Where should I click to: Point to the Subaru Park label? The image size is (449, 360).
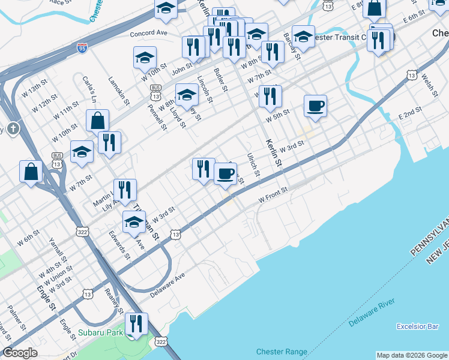pyautogui.click(x=100, y=332)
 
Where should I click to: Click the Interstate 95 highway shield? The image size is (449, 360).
pyautogui.click(x=82, y=49)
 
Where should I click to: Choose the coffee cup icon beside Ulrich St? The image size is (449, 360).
pyautogui.click(x=225, y=173)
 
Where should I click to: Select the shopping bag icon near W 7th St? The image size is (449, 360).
pyautogui.click(x=31, y=172)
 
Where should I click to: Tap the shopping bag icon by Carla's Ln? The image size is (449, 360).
pyautogui.click(x=97, y=121)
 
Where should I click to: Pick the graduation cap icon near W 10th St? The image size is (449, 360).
pyautogui.click(x=145, y=58)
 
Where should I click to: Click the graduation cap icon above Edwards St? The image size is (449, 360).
pyautogui.click(x=134, y=222)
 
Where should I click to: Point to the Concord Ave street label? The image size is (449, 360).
pyautogui.click(x=152, y=33)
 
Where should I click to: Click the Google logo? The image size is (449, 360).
pyautogui.click(x=20, y=353)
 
